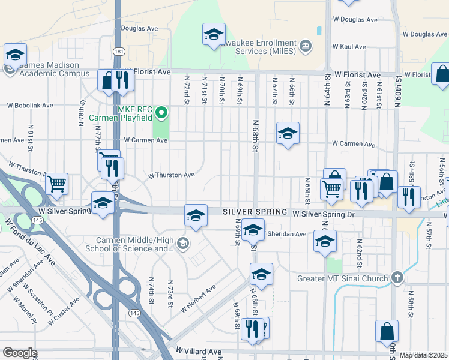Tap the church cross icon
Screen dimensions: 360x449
coord(396,278)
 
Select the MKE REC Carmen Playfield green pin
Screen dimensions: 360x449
coord(161,112)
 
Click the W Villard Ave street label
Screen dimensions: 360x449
coord(199,351)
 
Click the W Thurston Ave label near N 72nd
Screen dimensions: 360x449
coord(172,175)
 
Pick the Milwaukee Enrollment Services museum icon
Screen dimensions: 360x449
coord(306,46)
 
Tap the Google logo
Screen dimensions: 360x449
coord(20,353)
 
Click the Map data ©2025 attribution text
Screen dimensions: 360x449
coord(423,355)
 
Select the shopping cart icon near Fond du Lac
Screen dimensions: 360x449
coord(56,184)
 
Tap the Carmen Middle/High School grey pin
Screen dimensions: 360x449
coord(183,243)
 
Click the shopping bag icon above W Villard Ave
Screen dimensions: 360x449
coord(387,331)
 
